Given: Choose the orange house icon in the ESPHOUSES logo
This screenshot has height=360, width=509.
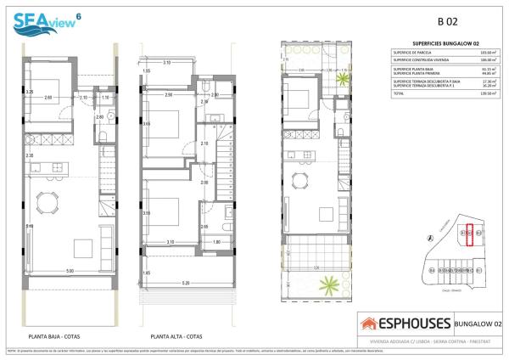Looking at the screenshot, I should [x=370, y=323].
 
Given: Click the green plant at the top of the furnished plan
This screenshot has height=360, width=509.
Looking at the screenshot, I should [x=342, y=80].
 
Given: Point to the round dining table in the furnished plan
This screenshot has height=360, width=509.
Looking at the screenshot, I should [x=299, y=180].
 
